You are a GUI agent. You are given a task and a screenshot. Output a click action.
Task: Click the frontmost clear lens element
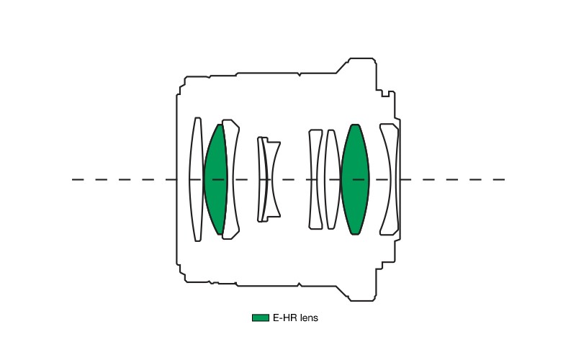point(196,179)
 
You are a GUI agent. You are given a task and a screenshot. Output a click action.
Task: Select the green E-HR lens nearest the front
point(215,179)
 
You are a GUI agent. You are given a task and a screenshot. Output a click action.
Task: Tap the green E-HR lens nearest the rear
point(355,179)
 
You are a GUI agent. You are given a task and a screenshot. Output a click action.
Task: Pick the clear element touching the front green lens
point(230,179)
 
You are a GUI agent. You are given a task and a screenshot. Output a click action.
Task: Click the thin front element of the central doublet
point(261,179)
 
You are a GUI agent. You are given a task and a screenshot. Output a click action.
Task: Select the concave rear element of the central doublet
point(271,179)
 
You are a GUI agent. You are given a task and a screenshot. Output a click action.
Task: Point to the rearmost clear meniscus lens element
point(390,179)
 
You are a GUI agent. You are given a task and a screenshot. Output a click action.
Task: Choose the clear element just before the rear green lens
point(333,179)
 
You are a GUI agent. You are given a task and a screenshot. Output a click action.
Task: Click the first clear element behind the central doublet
point(315,179)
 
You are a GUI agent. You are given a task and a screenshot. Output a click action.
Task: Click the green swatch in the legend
point(261,318)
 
